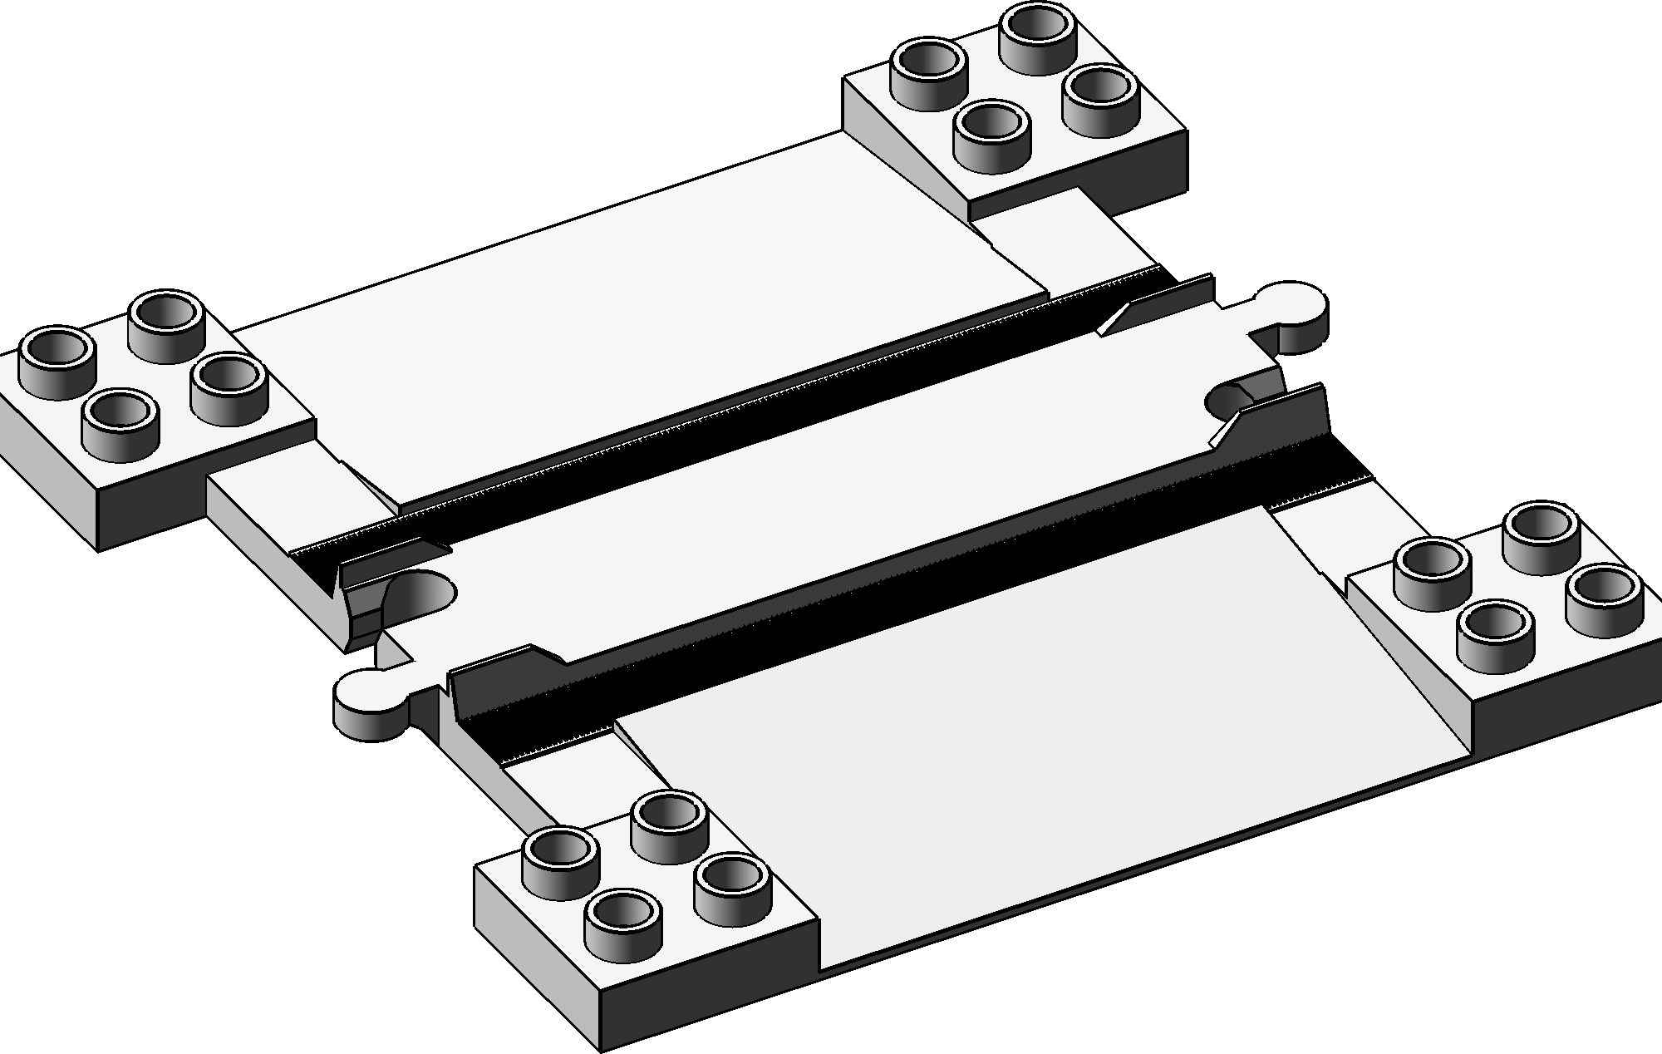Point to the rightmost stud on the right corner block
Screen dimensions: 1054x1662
1604,598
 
